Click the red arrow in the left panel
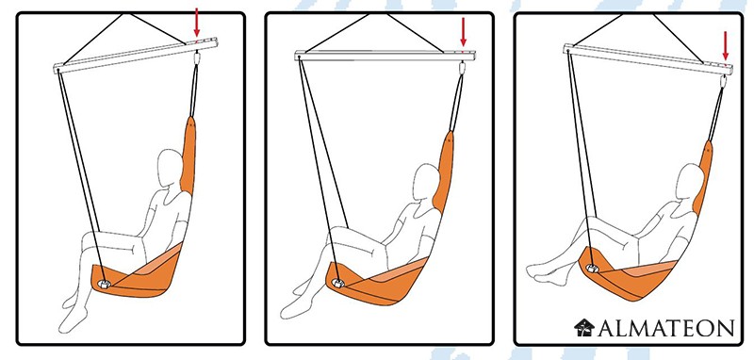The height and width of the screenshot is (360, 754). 196,22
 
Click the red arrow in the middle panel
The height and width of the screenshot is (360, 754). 463,32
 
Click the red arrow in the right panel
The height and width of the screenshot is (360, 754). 725,45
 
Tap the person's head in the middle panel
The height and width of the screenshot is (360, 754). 426,183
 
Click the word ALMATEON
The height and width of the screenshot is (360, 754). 665,328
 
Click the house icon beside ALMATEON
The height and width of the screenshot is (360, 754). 584,327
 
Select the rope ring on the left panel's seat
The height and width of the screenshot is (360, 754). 104,284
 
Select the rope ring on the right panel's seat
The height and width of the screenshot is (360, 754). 592,269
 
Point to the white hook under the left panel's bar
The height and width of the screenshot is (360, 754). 196,58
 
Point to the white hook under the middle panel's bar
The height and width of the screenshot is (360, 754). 463,68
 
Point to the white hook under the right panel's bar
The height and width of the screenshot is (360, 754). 723,81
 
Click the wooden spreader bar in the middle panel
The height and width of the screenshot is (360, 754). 385,56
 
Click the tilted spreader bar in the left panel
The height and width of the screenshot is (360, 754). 135,56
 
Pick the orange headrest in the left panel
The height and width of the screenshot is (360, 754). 188,155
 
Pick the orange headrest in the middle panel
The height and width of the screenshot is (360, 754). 443,172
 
